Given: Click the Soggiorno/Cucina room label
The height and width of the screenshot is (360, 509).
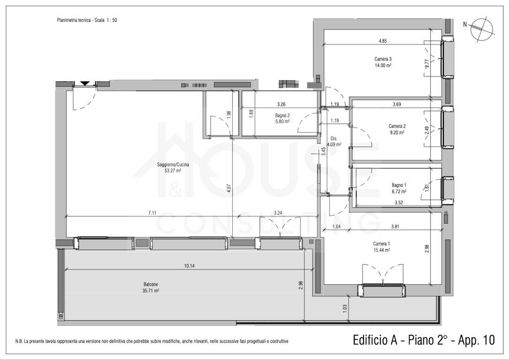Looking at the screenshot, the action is pos(173,165).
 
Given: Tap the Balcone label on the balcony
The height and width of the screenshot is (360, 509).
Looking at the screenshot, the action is pos(151,285).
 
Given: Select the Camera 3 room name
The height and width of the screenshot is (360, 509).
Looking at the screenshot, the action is pos(383,59).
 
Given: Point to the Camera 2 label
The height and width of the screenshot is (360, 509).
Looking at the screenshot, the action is pos(397,126).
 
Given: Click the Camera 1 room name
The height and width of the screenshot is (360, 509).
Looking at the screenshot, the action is pos(381,244).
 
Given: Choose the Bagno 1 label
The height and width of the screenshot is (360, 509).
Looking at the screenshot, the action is pos(399,185).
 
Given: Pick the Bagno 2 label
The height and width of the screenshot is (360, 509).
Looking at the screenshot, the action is pos(282,115).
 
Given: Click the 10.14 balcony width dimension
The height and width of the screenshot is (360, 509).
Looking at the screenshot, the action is pos(189,266).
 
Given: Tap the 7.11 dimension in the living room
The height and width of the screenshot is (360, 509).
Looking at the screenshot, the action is pos(152,213).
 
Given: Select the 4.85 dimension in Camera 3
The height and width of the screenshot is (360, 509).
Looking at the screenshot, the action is pos(383,41).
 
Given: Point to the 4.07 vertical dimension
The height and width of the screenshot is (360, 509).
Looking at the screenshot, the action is pos(229,189).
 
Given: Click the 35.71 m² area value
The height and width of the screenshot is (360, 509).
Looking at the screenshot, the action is pos(151,291).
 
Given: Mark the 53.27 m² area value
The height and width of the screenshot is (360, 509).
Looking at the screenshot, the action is pos(173,171).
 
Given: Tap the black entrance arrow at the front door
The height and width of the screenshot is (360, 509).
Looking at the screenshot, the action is pos(85,83).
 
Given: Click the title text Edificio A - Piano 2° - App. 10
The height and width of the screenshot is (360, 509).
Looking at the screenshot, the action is pos(424,340).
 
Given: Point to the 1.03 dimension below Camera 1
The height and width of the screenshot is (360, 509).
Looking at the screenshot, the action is pos(345,308).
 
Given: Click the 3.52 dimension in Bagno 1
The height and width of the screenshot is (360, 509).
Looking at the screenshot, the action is pos(399,202).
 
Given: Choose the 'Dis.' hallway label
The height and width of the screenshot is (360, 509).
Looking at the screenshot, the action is pos(334,138).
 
